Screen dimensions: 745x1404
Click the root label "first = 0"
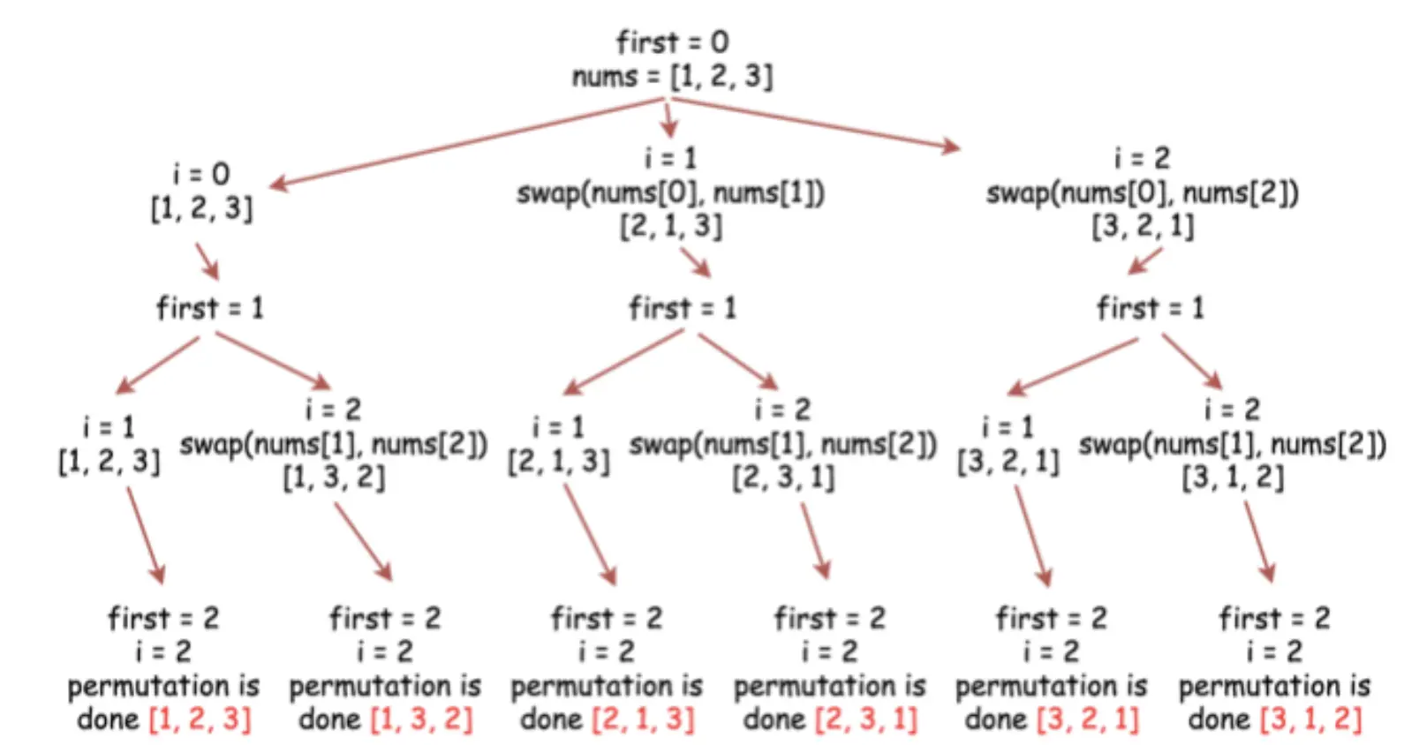tap(672, 41)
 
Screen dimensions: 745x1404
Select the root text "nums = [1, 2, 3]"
tap(672, 76)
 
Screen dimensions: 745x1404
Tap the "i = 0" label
tap(201, 173)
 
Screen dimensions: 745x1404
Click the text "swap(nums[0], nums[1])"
tap(671, 192)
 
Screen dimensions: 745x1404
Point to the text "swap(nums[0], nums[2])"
tap(1142, 192)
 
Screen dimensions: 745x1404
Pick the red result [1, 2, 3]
tap(200, 719)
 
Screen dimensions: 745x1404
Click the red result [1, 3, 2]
tap(422, 719)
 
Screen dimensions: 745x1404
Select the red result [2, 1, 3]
tap(644, 719)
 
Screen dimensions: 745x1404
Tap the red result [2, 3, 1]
tap(866, 719)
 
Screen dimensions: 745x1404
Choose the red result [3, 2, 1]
tap(1088, 719)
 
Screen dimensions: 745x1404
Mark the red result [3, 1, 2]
tap(1311, 719)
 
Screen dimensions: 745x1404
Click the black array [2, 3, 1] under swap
tap(783, 478)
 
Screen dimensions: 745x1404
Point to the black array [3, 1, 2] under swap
tap(1233, 478)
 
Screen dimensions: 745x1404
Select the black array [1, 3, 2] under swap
tap(334, 478)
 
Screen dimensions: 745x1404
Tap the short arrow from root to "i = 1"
tap(669, 119)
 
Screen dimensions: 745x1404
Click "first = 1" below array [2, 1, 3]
tap(682, 308)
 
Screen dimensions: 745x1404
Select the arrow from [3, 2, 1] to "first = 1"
tap(1144, 260)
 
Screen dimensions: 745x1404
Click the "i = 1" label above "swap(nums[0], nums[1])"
tap(671, 158)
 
